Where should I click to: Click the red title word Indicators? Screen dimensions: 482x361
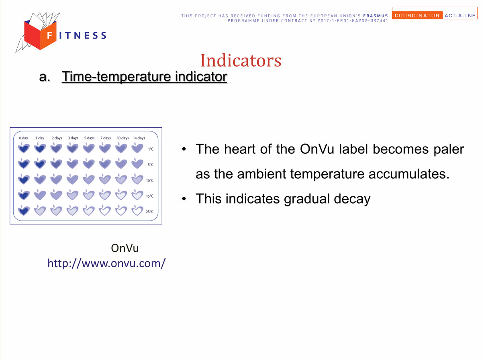tap(241, 60)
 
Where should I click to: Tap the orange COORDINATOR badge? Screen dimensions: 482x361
tap(417, 15)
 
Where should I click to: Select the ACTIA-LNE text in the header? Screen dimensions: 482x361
tap(460, 16)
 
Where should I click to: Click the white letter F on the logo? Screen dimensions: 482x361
tap(50, 35)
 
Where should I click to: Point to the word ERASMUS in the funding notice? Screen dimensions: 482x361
tap(376, 16)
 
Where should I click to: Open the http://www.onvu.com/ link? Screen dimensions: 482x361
tap(106, 263)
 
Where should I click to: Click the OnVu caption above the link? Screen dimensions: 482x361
tap(125, 248)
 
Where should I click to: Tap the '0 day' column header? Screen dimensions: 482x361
tap(23, 138)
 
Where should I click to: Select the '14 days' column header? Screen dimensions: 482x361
tap(139, 138)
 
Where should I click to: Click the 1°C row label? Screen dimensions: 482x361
tap(151, 149)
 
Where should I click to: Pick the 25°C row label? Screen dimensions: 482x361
tap(149, 212)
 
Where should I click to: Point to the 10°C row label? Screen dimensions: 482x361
tap(150, 181)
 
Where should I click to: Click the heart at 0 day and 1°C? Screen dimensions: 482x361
tap(24, 148)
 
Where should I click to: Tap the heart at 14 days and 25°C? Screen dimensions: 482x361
tap(137, 210)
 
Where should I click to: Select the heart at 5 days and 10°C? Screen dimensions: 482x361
tap(89, 179)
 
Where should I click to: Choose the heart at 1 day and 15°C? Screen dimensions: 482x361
tap(40, 195)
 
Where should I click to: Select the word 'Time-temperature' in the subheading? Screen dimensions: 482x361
tap(116, 77)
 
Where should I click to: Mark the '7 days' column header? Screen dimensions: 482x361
tap(106, 138)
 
